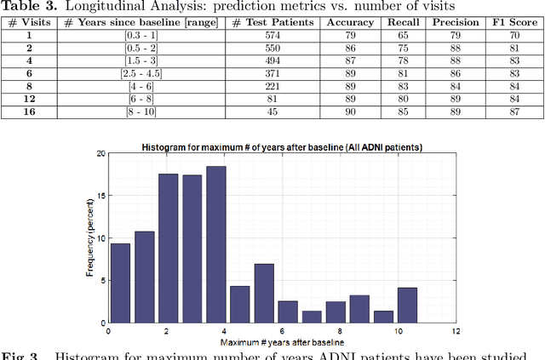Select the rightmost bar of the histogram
pyautogui.click(x=407, y=305)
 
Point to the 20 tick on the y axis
pyautogui.click(x=100, y=154)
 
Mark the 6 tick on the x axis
pyautogui.click(x=281, y=331)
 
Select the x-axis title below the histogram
pyautogui.click(x=281, y=341)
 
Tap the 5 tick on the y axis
pyautogui.click(x=103, y=281)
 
